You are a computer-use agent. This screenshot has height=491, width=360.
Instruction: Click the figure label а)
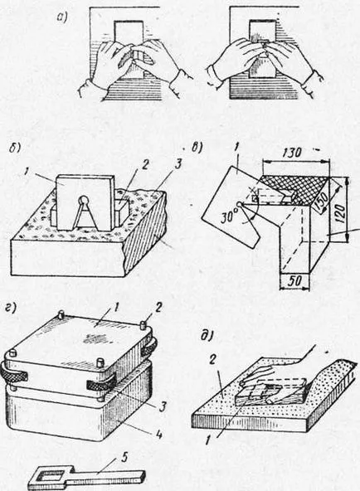pos(62,18)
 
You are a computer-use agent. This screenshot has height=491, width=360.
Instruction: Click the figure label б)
pos(15,148)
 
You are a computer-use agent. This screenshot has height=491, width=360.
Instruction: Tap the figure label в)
pos(197,147)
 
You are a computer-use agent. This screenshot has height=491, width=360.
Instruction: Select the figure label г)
pos(12,308)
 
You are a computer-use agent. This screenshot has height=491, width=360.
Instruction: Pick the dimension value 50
pos(294,281)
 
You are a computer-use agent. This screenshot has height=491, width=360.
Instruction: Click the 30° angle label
pos(230,216)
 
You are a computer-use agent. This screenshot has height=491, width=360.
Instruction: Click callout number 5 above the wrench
pos(124,458)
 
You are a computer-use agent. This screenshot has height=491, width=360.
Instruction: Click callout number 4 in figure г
pos(159,435)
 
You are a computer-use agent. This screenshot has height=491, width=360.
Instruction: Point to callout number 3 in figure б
pos(178,164)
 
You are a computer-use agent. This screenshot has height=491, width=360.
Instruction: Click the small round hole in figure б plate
pos(83,199)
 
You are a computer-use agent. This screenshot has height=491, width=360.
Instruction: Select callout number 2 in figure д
pos(212,360)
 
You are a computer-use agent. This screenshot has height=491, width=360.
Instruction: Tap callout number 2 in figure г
pos(158,308)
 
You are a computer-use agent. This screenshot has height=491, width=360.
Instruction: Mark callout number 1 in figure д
pos(209,440)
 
